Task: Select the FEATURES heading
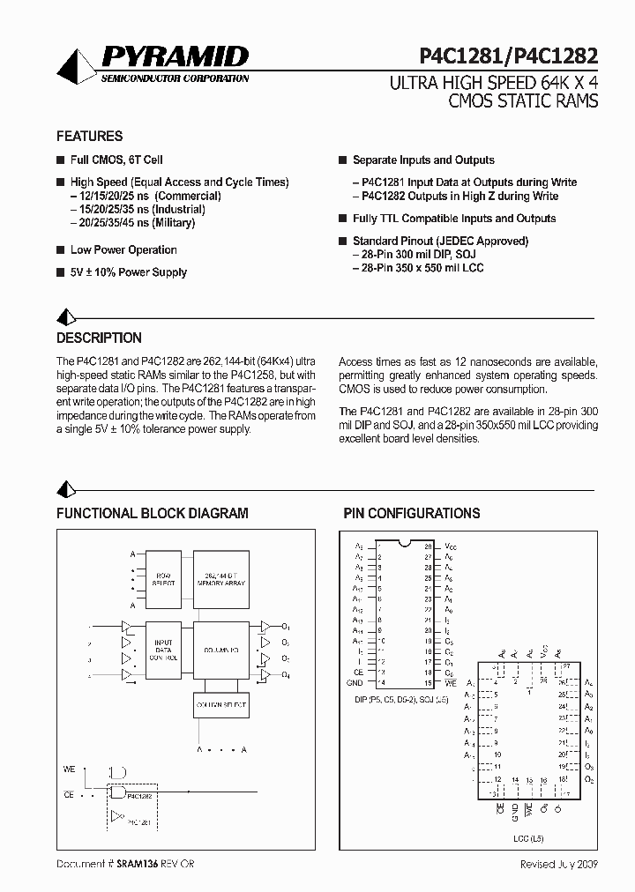pos(89,137)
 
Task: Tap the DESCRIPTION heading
pos(99,338)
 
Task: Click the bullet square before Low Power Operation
pos(60,250)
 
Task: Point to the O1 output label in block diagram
pos(287,627)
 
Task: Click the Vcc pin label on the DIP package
pos(451,546)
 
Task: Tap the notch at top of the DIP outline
pos(402,542)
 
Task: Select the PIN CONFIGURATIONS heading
pos(411,513)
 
